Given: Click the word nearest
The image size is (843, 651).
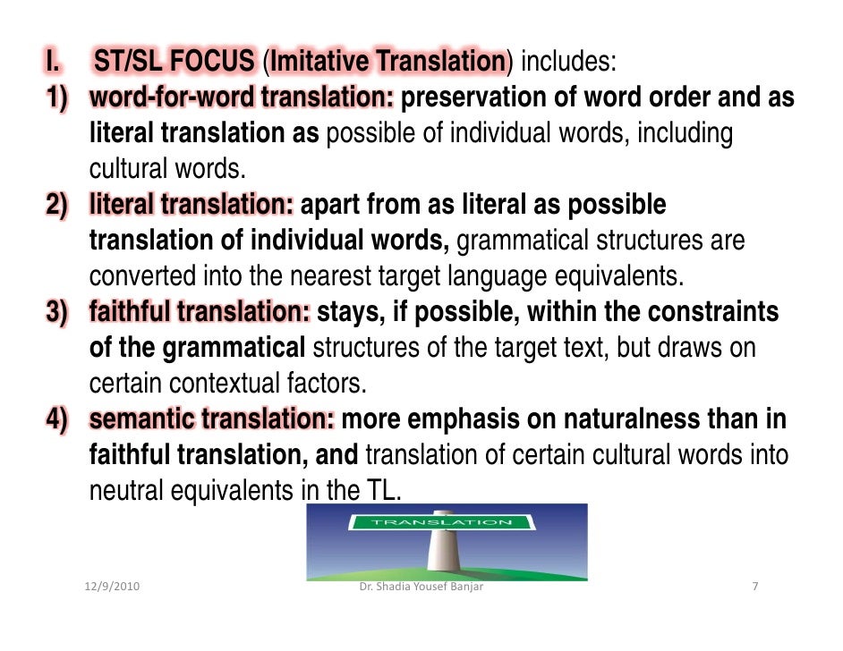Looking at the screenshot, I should (370, 276).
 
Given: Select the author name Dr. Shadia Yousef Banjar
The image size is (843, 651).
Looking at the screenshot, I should (421, 588).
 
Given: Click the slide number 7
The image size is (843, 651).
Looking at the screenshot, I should (756, 588).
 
